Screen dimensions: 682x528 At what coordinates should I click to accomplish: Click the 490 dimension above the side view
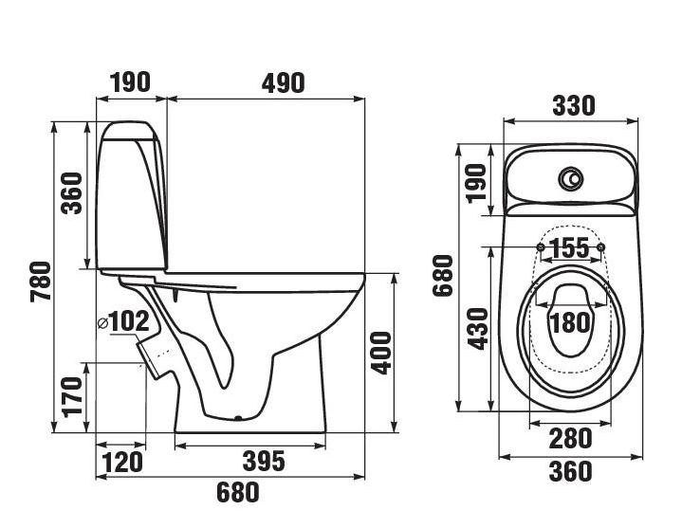[284, 83]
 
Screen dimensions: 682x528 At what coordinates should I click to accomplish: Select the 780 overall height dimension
[41, 282]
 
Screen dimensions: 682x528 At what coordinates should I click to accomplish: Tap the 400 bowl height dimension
[381, 353]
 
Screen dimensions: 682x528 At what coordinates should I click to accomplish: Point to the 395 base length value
[264, 461]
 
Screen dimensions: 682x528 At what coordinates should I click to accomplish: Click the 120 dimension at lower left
[122, 462]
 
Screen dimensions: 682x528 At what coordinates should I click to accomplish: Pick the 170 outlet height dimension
[72, 397]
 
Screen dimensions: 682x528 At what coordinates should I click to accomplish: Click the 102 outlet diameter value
[128, 321]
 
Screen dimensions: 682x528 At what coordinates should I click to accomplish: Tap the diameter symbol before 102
[102, 322]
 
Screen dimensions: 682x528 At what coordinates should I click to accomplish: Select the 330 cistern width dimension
[574, 105]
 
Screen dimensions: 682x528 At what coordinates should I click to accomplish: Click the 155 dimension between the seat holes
[570, 248]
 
